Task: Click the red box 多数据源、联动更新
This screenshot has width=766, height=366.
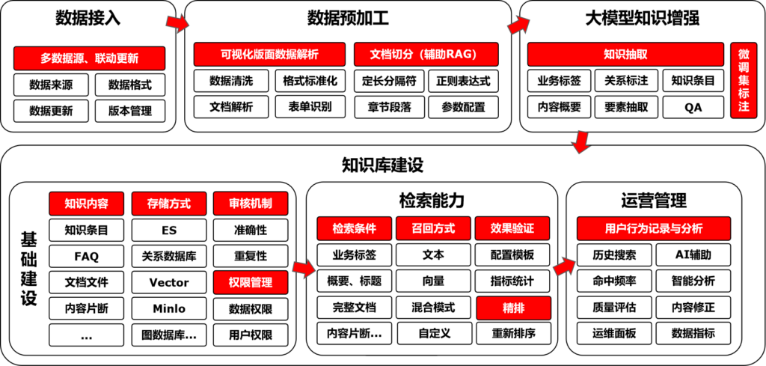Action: coord(90,58)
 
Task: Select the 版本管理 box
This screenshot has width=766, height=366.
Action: coord(130,111)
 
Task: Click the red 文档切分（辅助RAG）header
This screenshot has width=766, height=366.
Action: coord(426,54)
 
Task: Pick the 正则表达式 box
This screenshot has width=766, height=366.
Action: coord(463,81)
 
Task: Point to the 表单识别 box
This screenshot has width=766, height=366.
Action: coord(310,106)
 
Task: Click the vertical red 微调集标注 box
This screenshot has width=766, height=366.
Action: coord(744,80)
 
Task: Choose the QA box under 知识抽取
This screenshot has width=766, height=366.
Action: coord(693,107)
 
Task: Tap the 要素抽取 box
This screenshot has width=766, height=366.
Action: coord(626,107)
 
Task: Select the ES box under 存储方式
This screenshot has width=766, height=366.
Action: coord(169,230)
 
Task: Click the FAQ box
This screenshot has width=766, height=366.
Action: coord(87,256)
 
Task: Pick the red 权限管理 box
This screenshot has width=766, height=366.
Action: coord(251,282)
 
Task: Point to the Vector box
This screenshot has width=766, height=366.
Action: coord(169,282)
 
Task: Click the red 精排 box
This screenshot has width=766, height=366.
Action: coord(513,308)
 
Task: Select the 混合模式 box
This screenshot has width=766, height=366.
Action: coord(433,308)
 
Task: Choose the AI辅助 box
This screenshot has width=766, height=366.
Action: coord(693,254)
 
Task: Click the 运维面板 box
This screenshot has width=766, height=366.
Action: coord(614,334)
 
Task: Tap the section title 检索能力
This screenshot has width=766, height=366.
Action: coord(431,201)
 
